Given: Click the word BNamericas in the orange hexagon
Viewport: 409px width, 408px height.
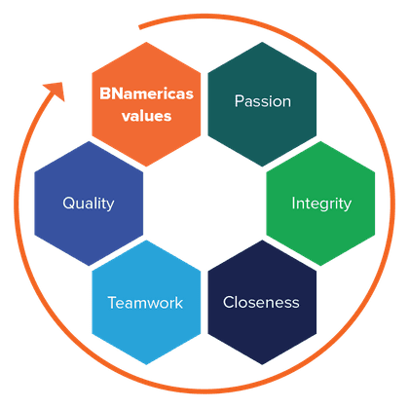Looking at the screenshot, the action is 146,93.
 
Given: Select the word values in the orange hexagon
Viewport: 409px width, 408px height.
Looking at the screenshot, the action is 146,116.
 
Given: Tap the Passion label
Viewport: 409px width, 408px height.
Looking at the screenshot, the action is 263,101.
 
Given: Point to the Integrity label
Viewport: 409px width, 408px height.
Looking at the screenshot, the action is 321,204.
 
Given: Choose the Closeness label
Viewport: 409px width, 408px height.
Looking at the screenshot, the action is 261,302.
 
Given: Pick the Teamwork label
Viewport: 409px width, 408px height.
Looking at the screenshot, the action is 145,303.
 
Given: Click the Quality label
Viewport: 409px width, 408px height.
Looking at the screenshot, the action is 89,204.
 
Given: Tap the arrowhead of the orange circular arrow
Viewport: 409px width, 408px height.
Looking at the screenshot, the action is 56,91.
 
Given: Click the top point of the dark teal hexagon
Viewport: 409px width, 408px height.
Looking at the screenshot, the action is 262,42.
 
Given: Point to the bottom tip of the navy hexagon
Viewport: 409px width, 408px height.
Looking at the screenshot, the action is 262,364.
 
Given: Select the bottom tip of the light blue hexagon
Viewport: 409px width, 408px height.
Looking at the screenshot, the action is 146,364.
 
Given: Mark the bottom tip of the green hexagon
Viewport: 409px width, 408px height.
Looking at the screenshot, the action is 320,266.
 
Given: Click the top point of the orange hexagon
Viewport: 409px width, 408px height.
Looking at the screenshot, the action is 146,42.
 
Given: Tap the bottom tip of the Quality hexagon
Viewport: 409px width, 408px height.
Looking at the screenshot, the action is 89,266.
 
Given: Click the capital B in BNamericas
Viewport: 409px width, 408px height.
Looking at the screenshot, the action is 104,93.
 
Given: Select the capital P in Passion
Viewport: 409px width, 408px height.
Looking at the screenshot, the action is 239,101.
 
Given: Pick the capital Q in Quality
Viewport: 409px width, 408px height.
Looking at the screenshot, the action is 69,204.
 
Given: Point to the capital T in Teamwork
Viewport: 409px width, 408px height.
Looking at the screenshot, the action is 113,303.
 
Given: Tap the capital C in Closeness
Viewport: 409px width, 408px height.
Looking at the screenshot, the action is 229,302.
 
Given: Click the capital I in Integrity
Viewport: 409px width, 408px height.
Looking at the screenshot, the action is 293,204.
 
